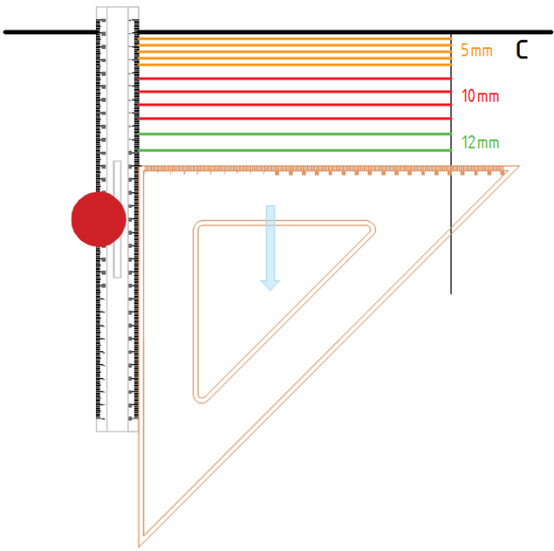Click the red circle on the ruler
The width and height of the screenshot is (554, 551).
(99, 219)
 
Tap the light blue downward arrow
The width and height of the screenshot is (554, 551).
(271, 248)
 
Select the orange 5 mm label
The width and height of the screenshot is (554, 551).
(476, 51)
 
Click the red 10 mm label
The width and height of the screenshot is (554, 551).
(480, 96)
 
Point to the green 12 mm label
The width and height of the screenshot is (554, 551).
(480, 142)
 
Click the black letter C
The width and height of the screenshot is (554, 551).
(522, 50)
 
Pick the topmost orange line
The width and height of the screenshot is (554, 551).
(295, 39)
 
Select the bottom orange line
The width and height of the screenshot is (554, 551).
(295, 65)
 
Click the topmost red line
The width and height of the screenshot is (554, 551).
(295, 79)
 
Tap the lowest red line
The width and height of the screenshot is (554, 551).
(295, 118)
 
